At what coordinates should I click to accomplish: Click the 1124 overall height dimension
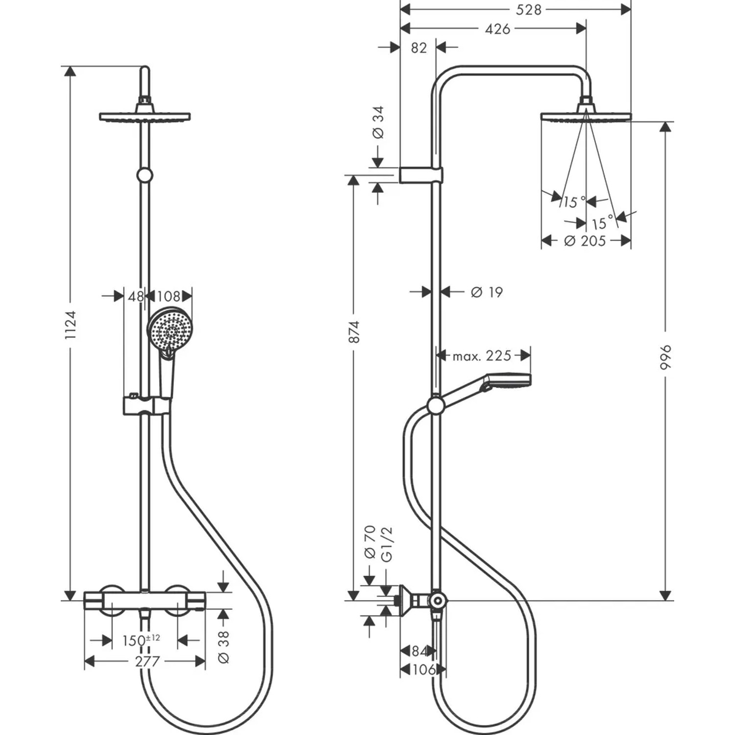(x=71, y=325)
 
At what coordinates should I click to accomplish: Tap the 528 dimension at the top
(x=528, y=9)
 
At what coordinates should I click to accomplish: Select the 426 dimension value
(x=497, y=29)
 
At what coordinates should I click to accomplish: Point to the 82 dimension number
(x=418, y=48)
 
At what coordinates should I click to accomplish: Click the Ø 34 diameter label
(x=378, y=122)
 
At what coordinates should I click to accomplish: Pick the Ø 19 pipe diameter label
(x=487, y=292)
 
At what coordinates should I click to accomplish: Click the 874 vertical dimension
(x=354, y=332)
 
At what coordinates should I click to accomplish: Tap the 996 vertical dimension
(x=665, y=357)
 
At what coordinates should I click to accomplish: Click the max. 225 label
(x=482, y=355)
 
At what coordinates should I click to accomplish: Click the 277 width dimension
(x=147, y=661)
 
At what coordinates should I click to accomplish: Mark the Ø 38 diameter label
(x=223, y=647)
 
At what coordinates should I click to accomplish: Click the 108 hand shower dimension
(x=169, y=296)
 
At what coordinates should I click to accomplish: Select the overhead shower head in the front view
(x=145, y=117)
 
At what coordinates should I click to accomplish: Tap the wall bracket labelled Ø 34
(x=421, y=175)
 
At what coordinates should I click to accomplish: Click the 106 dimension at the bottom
(x=423, y=669)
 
